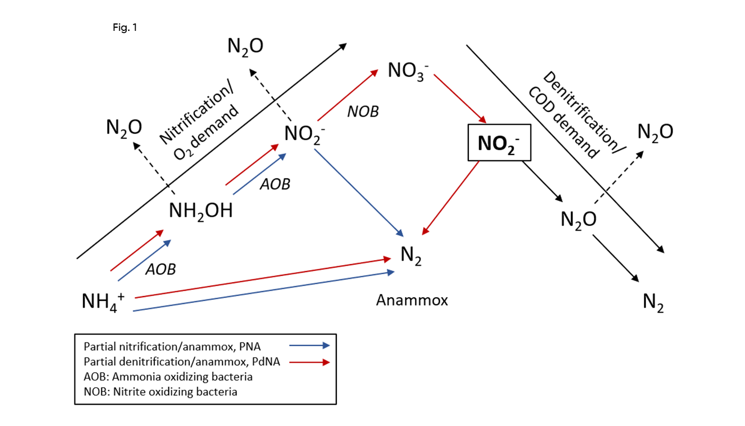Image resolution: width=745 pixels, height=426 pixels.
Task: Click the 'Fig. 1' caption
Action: [125, 27]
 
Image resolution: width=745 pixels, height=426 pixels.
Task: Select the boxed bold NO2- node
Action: [499, 143]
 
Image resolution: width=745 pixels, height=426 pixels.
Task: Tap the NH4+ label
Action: [103, 302]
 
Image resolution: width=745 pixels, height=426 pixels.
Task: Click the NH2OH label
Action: [201, 211]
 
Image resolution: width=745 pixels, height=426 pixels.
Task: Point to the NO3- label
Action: [408, 71]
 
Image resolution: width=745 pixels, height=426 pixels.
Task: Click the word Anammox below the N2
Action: [412, 300]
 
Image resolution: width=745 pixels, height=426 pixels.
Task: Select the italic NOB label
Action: [363, 112]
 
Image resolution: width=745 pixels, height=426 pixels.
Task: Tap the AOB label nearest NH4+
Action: [161, 269]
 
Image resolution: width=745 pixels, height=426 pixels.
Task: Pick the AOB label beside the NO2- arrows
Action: [275, 184]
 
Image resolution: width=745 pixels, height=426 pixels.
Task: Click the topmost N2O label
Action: [245, 46]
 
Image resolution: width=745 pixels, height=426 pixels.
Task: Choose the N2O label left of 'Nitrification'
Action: [124, 127]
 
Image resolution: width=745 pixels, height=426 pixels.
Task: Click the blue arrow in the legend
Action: [310, 346]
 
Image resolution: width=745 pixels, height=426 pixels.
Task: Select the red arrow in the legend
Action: [310, 362]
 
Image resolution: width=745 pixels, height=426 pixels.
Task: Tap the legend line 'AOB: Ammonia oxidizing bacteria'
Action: [168, 377]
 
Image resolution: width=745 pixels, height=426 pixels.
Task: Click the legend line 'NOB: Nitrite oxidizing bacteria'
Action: [160, 392]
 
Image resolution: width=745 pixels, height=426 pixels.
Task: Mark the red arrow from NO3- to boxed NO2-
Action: [460, 99]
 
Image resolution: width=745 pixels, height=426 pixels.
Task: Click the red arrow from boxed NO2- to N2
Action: [450, 198]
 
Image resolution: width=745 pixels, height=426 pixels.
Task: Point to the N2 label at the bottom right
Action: [653, 302]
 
